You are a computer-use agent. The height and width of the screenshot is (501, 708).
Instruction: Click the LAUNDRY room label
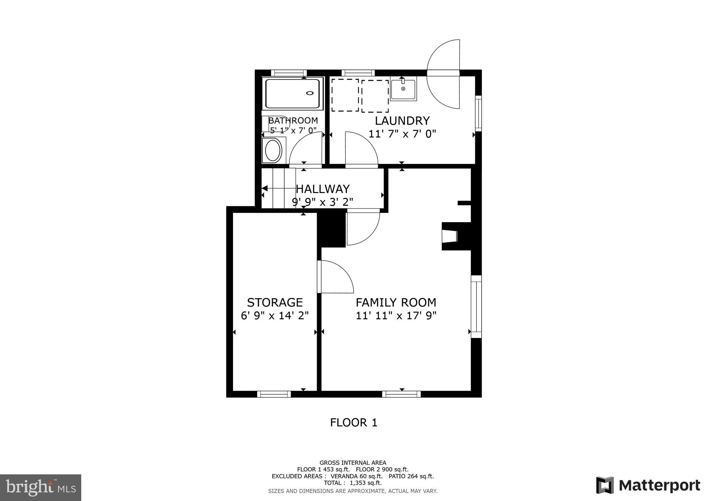click(402, 121)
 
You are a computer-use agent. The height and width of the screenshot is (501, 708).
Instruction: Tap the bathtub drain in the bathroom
click(310, 93)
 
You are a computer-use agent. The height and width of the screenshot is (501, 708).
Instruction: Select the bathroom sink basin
click(273, 150)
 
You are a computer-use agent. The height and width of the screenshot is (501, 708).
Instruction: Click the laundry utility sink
click(403, 89)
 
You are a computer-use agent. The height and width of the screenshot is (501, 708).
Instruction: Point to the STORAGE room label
click(275, 302)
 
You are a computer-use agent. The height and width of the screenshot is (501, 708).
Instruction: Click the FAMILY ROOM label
click(396, 302)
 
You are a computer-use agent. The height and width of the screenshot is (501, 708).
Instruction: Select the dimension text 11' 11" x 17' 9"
click(396, 316)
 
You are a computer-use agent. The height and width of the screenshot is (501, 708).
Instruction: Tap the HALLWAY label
click(323, 189)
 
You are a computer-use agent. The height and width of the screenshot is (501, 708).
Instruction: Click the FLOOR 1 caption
click(353, 422)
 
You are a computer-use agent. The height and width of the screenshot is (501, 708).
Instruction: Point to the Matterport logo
click(648, 485)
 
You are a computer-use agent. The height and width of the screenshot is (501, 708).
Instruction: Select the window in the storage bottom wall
click(274, 394)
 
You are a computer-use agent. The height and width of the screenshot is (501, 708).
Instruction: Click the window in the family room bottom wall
click(401, 394)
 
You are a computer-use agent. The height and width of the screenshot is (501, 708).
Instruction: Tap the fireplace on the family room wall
click(450, 236)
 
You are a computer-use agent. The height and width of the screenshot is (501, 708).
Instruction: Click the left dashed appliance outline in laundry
click(345, 95)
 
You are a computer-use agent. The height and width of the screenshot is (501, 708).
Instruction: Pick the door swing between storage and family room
click(335, 277)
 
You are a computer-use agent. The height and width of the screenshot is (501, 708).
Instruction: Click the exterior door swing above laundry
click(443, 74)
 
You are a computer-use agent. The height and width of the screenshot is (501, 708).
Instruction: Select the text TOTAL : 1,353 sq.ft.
click(353, 483)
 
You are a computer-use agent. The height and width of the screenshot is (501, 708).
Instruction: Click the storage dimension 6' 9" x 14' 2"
click(274, 316)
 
